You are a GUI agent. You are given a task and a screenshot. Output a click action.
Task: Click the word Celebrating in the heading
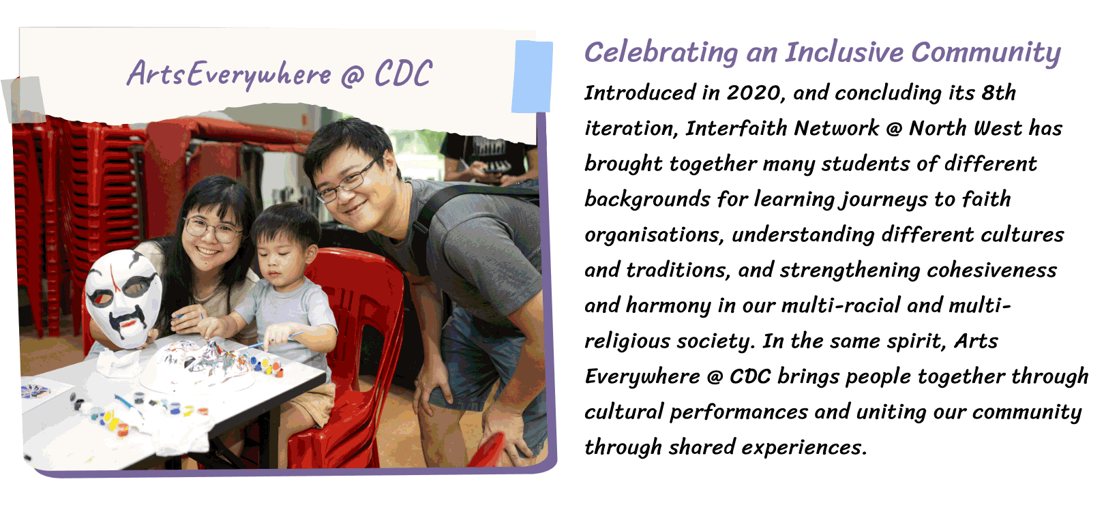[661, 52]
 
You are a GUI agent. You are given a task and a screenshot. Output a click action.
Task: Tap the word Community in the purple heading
[986, 53]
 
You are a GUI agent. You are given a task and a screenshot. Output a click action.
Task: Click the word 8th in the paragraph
[998, 93]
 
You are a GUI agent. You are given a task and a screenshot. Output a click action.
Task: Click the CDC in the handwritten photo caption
[404, 74]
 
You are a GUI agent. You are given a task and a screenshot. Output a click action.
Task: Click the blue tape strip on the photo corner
[532, 76]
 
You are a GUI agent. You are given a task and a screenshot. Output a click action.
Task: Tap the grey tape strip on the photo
[24, 100]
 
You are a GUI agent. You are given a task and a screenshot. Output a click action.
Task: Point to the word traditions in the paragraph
[677, 271]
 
